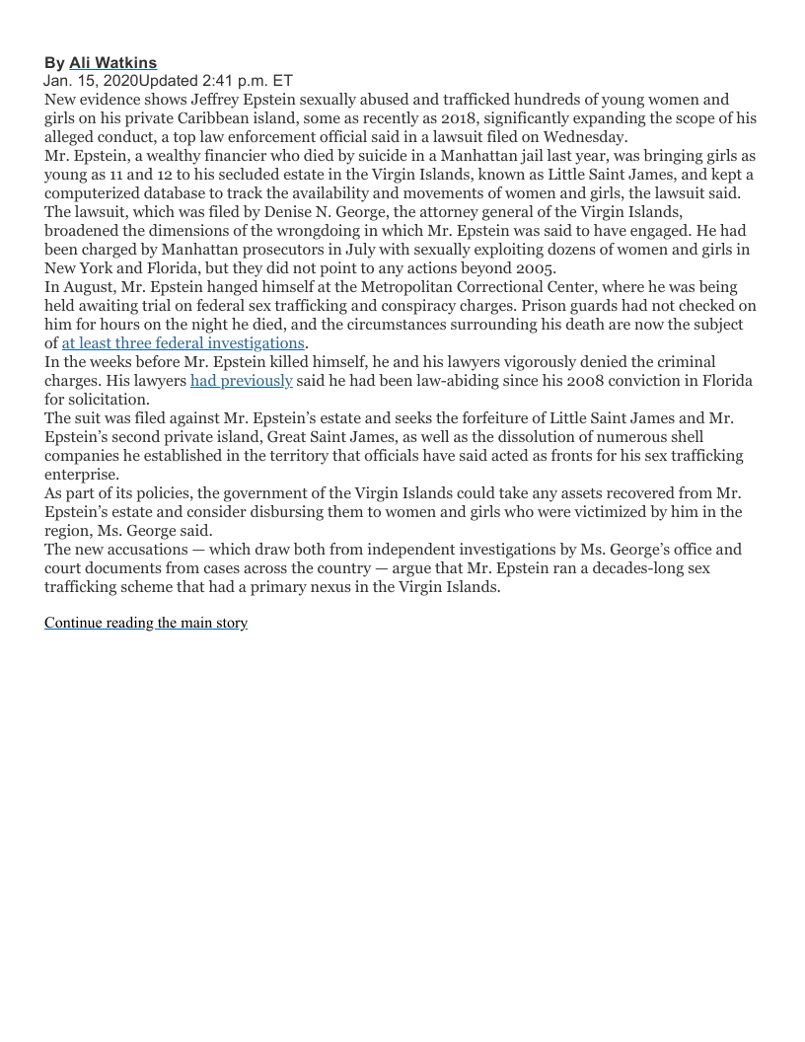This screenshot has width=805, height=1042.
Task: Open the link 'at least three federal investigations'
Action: click(183, 343)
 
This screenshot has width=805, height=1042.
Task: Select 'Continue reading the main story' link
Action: click(146, 623)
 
